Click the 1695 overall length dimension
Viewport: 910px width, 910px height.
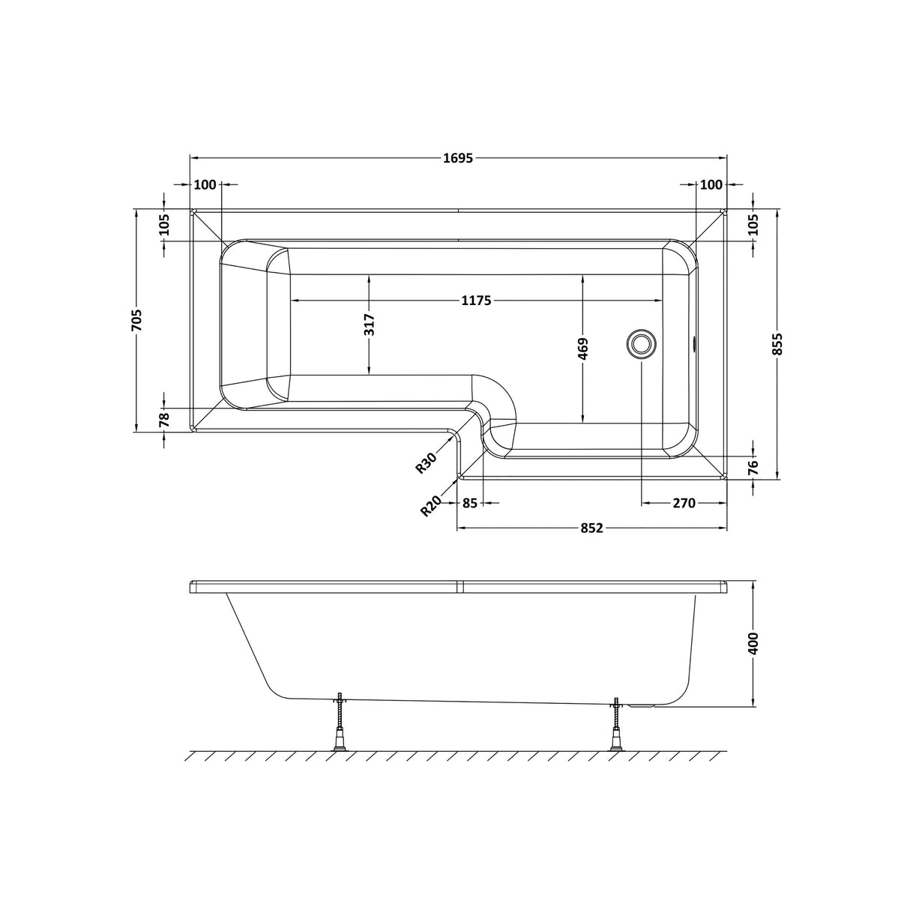tap(458, 158)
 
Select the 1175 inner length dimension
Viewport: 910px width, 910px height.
tap(475, 301)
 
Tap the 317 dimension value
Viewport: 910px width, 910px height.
tap(369, 325)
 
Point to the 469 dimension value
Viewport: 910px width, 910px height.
tap(584, 349)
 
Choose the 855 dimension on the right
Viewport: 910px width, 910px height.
tap(777, 344)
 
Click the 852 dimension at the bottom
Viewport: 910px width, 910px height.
tap(591, 528)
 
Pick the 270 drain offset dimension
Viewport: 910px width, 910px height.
tap(684, 503)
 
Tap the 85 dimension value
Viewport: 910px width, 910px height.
tap(470, 503)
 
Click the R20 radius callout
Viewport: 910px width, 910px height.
tap(430, 507)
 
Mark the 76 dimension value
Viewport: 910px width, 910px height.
tap(753, 466)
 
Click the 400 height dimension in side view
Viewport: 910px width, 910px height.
tap(753, 643)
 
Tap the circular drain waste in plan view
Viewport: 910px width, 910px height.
tap(641, 344)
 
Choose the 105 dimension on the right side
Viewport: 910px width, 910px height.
tap(753, 225)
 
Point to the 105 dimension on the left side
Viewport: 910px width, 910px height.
tap(165, 225)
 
